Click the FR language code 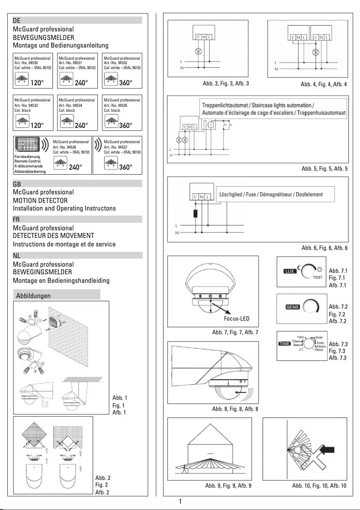17,220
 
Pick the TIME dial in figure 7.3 311,344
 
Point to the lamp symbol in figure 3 196,52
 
